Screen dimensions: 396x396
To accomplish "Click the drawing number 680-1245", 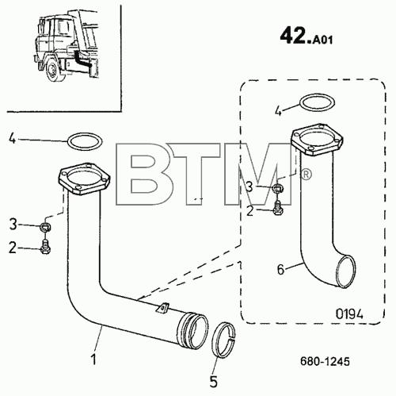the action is click(x=325, y=361).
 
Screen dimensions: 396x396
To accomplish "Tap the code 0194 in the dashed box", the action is click(x=349, y=314).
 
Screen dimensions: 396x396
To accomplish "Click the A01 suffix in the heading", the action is click(x=322, y=40).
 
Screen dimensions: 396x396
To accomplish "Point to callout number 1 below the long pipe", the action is click(x=93, y=359).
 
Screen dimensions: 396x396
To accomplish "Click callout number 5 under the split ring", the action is click(x=213, y=382).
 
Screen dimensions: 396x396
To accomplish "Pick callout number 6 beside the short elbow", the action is click(x=280, y=270).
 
